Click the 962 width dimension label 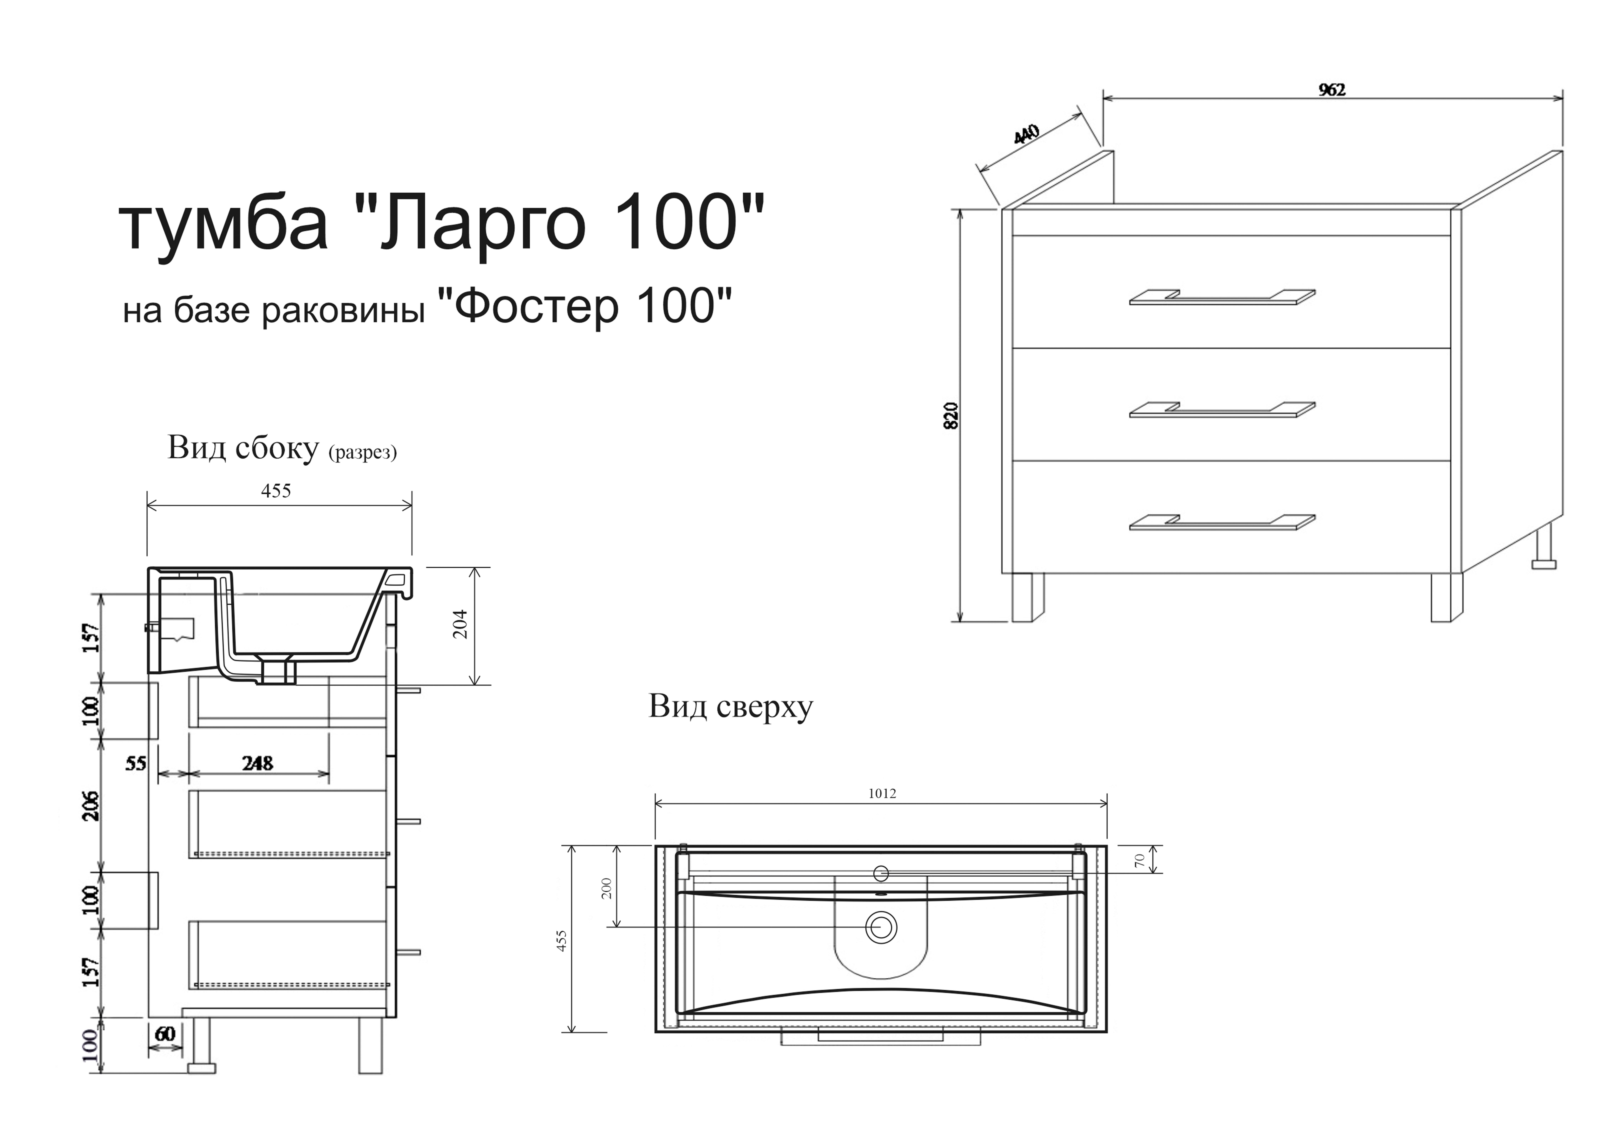tap(1332, 90)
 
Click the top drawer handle tap(1222, 297)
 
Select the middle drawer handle tap(1222, 410)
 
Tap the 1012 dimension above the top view tap(882, 794)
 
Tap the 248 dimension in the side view tap(257, 763)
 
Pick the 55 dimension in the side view tap(136, 763)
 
